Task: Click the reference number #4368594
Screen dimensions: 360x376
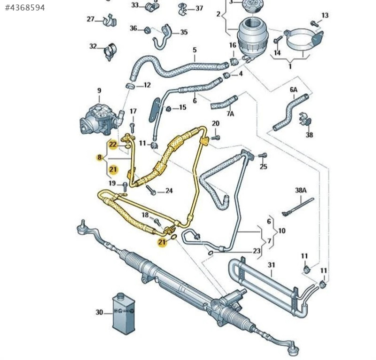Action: (x=25, y=7)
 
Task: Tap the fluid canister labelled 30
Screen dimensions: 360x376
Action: (x=123, y=312)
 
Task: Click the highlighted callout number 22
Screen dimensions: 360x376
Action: (x=113, y=144)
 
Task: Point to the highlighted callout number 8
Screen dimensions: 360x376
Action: (x=100, y=157)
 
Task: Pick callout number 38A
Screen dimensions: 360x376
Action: (x=300, y=190)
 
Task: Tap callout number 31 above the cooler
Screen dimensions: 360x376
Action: (x=271, y=265)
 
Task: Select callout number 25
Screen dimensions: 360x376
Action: (x=263, y=166)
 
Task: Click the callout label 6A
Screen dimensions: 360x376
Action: (x=293, y=90)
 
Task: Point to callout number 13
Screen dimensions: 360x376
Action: (x=325, y=15)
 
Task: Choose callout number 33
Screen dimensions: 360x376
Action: (x=135, y=5)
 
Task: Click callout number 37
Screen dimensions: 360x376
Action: (x=199, y=8)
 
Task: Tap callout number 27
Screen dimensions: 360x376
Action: (x=91, y=19)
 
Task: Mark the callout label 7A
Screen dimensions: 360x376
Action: (x=230, y=113)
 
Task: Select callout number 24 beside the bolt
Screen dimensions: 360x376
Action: (x=169, y=190)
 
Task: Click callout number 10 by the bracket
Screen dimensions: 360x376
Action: (x=282, y=230)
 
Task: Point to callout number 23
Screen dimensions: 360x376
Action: (x=256, y=251)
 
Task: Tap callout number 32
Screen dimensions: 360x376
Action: (x=93, y=46)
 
